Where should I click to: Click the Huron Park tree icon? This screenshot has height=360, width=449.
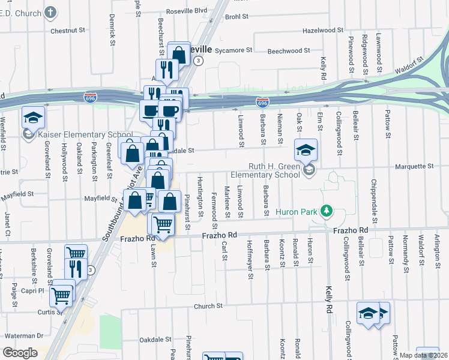point(326,211)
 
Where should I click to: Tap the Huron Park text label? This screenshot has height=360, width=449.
point(297,212)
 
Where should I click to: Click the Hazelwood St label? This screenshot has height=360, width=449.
point(322,29)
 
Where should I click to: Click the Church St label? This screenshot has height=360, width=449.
point(208,306)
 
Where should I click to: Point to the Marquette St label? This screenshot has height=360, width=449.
point(414,166)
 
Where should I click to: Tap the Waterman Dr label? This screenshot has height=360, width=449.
point(23,336)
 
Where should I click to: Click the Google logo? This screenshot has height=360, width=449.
point(20,353)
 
